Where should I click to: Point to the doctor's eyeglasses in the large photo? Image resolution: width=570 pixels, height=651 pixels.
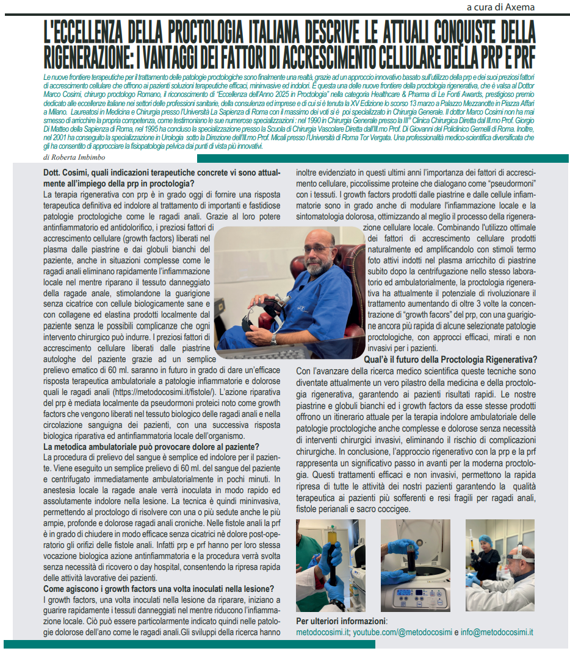pos(318,249)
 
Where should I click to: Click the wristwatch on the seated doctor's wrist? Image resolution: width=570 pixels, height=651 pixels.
pos(274,338)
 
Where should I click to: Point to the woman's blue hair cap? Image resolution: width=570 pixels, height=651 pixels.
pos(486,539)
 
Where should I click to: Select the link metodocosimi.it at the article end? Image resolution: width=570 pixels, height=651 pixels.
pos(322,632)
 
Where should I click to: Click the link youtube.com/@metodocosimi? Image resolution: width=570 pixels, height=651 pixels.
pos(402,632)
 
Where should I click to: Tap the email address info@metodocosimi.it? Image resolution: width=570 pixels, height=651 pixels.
pos(496,632)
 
